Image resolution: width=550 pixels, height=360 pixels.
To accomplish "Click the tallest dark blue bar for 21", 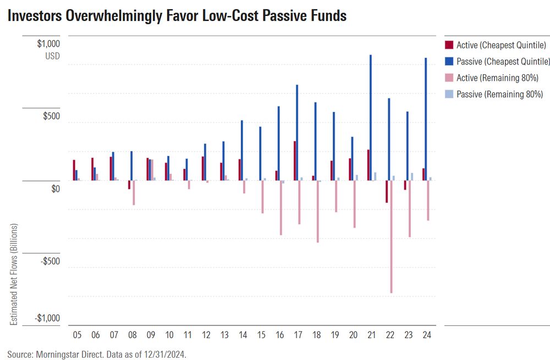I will [371, 118].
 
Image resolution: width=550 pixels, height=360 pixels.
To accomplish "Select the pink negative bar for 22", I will [391, 236].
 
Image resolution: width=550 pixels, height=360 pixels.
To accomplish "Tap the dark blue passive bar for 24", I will [426, 119].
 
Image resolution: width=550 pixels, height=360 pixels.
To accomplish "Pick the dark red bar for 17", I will [295, 161].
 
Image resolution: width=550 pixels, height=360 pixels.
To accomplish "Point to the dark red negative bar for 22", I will [387, 191].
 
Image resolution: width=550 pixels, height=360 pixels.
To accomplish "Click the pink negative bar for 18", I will [317, 211].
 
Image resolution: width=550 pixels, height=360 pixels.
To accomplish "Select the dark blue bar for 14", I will [242, 150].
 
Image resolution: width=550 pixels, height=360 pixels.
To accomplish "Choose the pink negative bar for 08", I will [133, 192].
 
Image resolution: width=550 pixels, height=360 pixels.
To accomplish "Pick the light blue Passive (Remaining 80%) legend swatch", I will [449, 94].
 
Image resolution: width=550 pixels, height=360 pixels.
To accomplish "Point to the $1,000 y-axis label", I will [48, 43].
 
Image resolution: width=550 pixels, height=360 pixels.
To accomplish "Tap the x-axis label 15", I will [261, 334].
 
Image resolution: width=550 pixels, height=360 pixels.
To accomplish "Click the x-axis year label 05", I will [77, 334].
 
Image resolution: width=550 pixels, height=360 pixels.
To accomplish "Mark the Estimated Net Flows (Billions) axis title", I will [14, 274].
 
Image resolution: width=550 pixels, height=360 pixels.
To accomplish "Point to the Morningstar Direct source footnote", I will [97, 355].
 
